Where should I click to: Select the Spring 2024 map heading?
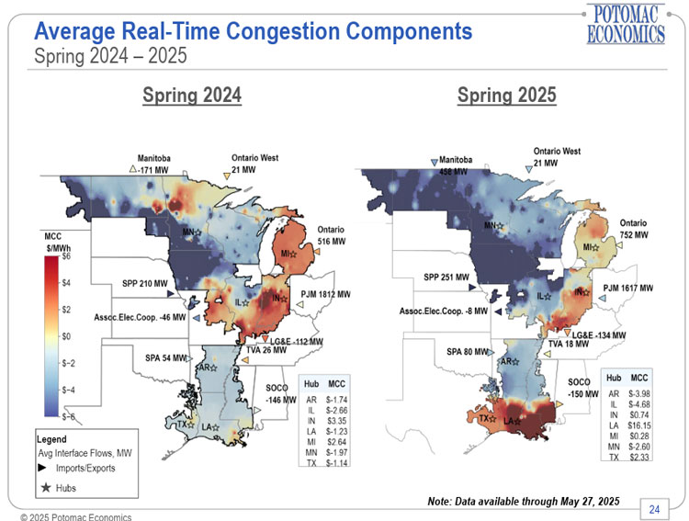tap(192, 96)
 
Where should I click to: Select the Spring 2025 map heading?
tap(506, 96)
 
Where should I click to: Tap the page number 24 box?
tap(655, 509)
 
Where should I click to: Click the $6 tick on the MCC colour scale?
tap(64, 257)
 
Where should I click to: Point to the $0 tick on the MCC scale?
tap(64, 336)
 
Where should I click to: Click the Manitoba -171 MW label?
tap(153, 164)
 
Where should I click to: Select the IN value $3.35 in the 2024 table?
tap(336, 419)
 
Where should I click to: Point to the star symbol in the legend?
tap(45, 486)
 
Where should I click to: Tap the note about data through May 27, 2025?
tap(523, 501)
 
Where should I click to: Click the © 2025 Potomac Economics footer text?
tap(70, 516)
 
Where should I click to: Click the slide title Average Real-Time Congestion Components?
tap(253, 32)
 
